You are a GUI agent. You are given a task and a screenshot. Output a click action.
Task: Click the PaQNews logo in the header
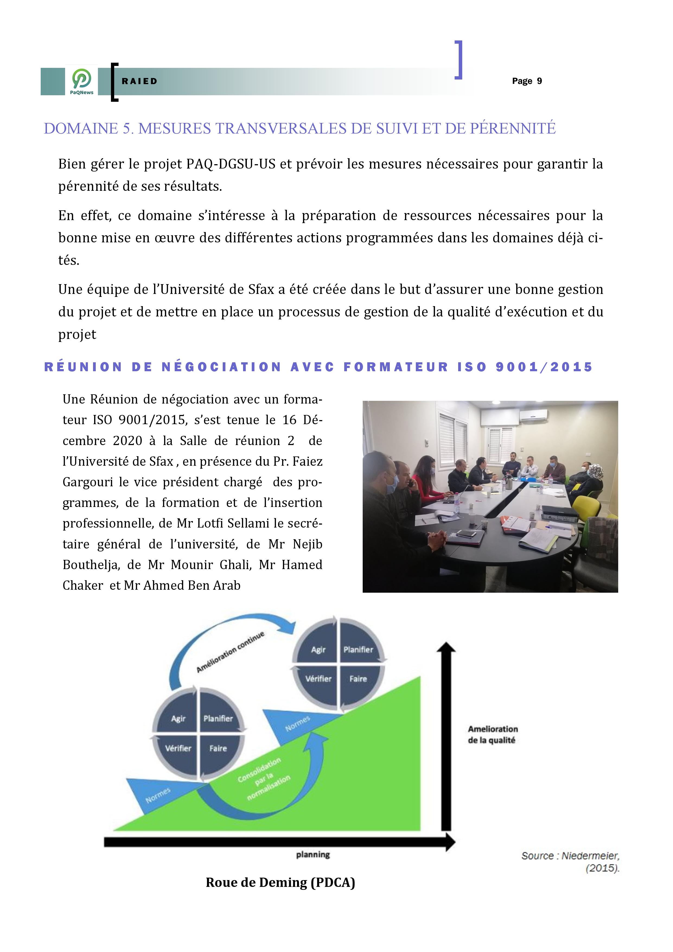point(82,81)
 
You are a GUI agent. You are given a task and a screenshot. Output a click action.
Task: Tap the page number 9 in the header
point(539,81)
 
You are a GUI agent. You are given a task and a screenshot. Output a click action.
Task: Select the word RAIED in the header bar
point(140,81)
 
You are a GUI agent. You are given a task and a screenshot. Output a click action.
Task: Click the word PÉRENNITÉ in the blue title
point(512,129)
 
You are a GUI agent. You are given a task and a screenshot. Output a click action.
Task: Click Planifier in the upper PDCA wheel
point(358,650)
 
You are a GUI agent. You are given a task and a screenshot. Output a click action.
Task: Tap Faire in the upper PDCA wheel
point(358,679)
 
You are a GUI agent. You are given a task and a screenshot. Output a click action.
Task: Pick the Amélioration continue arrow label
point(230,652)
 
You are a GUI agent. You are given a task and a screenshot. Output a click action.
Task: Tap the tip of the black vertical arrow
point(446,645)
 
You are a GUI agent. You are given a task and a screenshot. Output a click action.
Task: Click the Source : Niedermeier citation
point(570,856)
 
